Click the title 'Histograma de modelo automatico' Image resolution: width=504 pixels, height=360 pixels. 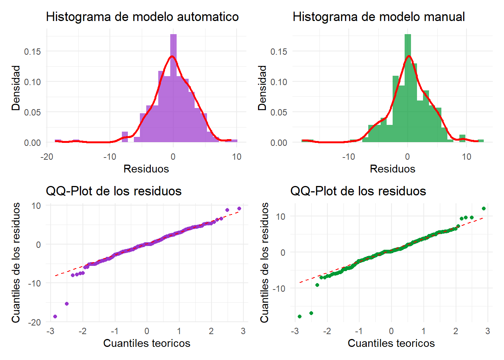tap(142, 17)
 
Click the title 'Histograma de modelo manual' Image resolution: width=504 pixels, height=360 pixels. tap(379, 17)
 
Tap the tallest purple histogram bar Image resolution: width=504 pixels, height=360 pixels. tap(173, 88)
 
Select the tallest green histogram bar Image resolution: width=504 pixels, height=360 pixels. tap(408, 88)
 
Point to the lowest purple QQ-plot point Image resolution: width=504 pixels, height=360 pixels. tap(55, 316)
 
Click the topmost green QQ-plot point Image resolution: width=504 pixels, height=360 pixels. tap(483, 208)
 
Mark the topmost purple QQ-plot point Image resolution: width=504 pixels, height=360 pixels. tap(239, 208)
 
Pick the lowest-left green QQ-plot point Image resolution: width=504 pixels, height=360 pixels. tap(300, 316)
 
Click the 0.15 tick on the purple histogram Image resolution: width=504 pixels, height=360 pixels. tap(32, 51)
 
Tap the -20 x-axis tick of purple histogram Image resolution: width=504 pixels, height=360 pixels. tap(46, 157)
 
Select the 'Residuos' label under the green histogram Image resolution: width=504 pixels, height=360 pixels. tap(392, 169)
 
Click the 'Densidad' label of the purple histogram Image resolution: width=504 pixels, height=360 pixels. tap(16, 88)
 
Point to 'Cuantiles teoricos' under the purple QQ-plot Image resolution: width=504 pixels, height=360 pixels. tap(147, 343)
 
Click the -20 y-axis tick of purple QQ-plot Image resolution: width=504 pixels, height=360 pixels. tap(34, 322)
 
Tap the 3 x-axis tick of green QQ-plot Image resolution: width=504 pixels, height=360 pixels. tap(487, 331)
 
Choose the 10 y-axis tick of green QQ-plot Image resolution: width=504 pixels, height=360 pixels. tap(280, 217)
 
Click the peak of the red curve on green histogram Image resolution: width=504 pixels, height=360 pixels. tap(409, 56)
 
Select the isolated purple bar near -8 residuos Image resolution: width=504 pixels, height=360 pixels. tap(125, 137)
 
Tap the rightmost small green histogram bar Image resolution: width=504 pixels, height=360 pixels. tap(481, 141)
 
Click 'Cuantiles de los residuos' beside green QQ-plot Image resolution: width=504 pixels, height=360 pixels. tap(265, 262)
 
